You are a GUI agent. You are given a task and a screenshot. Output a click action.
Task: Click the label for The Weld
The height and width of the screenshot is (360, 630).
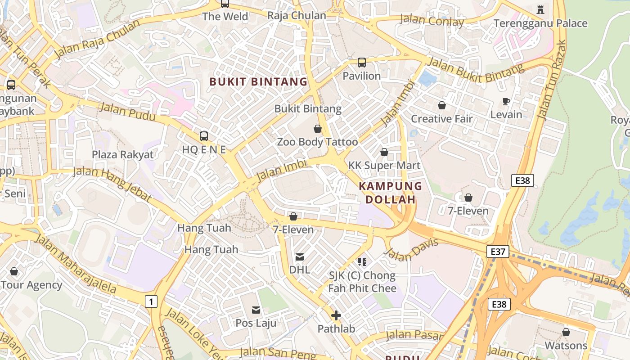pos(225,17)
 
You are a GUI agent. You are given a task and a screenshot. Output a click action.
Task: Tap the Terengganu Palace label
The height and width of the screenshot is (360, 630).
pos(540,23)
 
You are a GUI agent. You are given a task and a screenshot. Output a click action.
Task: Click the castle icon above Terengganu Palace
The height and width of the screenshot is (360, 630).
pos(540,9)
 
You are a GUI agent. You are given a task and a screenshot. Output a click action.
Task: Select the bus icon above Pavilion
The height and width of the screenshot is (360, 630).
pos(362,63)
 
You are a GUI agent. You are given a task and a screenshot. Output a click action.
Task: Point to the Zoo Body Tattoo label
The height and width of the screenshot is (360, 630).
pos(317,142)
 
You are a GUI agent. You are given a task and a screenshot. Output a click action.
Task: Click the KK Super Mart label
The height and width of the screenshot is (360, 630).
pos(384,166)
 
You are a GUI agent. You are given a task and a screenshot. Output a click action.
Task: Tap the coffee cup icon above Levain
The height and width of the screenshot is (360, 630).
pos(506,102)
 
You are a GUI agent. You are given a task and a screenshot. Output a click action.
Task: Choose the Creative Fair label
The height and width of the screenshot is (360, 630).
pos(442,119)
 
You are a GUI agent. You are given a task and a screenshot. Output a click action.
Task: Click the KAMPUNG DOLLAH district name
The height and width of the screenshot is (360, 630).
pos(390,193)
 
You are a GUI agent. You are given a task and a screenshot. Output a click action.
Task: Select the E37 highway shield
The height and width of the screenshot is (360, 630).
pos(498,252)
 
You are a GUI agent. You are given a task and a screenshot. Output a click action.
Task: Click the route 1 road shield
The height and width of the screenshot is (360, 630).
pos(151,301)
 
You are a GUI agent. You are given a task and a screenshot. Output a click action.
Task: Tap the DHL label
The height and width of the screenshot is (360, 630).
pos(299,270)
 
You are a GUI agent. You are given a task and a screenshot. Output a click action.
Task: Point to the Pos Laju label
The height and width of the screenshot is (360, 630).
pos(256,323)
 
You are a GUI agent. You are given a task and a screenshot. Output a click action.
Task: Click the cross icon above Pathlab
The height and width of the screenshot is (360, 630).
pos(336,315)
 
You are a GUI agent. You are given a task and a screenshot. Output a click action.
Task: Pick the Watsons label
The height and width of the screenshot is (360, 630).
pos(566,346)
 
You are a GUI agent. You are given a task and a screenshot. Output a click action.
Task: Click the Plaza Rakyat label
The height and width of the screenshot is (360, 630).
pos(122,155)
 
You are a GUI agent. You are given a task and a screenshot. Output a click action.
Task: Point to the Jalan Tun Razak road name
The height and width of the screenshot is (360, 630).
pos(552,80)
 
